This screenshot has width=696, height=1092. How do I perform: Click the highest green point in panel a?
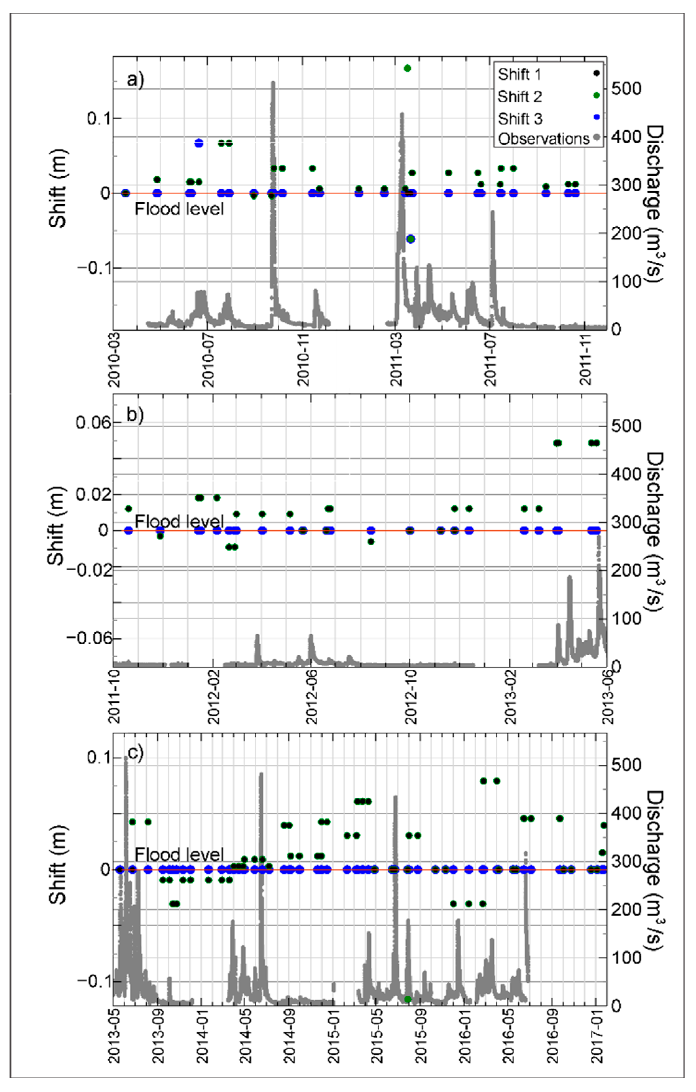[x=407, y=68]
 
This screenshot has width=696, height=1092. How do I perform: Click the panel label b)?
[x=135, y=415]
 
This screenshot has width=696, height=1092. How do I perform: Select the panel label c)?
[x=135, y=753]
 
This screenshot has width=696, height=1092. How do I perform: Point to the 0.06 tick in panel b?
[x=93, y=423]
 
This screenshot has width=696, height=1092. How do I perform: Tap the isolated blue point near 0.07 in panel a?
[x=199, y=143]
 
